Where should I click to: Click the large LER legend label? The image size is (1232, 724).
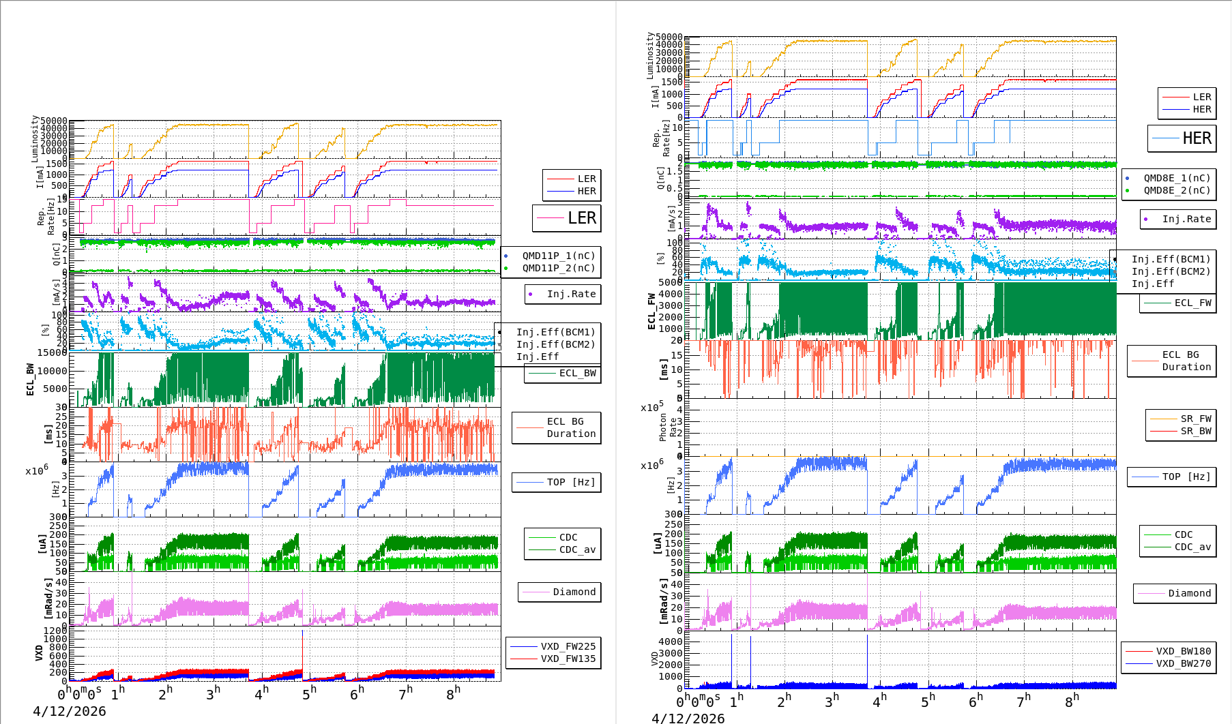pyautogui.click(x=581, y=218)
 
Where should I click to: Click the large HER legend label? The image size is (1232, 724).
pyautogui.click(x=1197, y=138)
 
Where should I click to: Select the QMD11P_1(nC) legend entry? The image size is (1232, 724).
pyautogui.click(x=559, y=256)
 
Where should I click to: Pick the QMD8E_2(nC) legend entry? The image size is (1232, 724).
pyautogui.click(x=1177, y=190)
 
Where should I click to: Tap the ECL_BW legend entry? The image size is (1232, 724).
pyautogui.click(x=577, y=373)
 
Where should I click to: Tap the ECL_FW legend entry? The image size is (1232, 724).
pyautogui.click(x=1192, y=303)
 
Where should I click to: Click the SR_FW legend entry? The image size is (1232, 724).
pyautogui.click(x=1196, y=419)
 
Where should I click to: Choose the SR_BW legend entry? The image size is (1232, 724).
pyautogui.click(x=1196, y=431)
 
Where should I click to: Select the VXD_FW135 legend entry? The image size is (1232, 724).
pyautogui.click(x=568, y=659)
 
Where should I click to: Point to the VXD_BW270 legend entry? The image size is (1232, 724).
pyautogui.click(x=1183, y=663)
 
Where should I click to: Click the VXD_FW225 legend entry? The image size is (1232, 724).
pyautogui.click(x=568, y=646)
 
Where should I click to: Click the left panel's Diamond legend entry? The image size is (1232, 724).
pyautogui.click(x=574, y=592)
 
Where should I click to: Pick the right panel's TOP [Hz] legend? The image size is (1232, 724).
pyautogui.click(x=1186, y=477)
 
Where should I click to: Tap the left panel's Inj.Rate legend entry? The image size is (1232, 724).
pyautogui.click(x=571, y=294)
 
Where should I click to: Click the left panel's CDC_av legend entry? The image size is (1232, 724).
pyautogui.click(x=577, y=549)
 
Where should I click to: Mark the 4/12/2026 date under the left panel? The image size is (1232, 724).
pyautogui.click(x=70, y=711)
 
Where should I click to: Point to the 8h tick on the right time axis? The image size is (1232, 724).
pyautogui.click(x=1072, y=701)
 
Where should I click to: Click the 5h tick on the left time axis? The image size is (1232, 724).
pyautogui.click(x=309, y=693)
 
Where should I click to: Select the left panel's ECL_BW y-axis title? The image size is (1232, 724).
pyautogui.click(x=30, y=379)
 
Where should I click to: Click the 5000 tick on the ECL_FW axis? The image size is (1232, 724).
pyautogui.click(x=670, y=282)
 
